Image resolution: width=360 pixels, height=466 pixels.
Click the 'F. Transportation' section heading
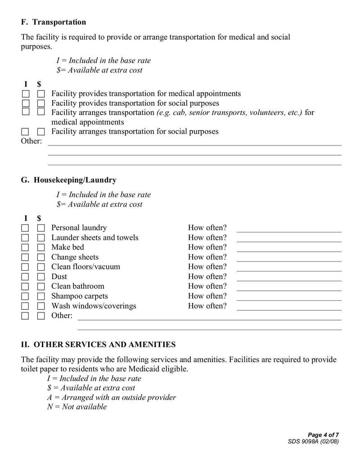click(x=53, y=22)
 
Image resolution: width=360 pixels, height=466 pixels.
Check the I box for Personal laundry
click(x=25, y=228)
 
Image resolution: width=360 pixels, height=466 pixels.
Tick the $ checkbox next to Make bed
click(x=41, y=247)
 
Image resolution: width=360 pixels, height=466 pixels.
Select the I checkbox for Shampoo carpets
click(x=25, y=296)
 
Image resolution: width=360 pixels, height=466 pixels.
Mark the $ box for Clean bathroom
click(x=41, y=286)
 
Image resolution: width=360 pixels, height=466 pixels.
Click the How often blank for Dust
click(x=289, y=278)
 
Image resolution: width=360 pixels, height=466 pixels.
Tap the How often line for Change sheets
click(x=289, y=258)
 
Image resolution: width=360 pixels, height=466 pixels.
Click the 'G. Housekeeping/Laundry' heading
click(x=68, y=180)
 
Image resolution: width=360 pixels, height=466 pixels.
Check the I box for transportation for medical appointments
click(x=25, y=94)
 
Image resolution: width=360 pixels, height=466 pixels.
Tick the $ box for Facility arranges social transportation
click(x=41, y=131)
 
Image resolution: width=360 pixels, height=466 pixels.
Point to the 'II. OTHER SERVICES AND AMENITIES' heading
click(x=98, y=344)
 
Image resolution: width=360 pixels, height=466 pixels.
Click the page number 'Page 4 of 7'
click(x=323, y=435)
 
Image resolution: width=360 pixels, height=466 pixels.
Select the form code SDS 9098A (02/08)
click(x=313, y=442)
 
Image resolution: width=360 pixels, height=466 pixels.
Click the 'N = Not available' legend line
click(x=77, y=407)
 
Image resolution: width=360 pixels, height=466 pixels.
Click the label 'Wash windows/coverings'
click(x=94, y=306)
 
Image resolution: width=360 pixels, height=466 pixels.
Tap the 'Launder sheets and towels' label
click(x=94, y=238)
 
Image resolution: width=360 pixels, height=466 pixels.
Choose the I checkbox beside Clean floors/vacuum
click(x=25, y=267)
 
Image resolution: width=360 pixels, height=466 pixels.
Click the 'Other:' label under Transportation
click(x=31, y=141)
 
